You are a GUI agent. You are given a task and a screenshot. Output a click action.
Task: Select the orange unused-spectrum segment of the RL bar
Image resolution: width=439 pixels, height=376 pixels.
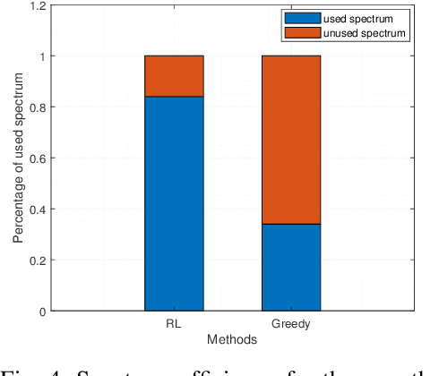click(x=174, y=76)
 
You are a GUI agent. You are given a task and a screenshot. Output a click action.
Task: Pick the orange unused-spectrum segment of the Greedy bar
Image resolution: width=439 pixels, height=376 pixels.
click(x=291, y=140)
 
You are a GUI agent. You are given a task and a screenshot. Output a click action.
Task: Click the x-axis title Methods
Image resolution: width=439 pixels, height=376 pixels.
click(x=232, y=340)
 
